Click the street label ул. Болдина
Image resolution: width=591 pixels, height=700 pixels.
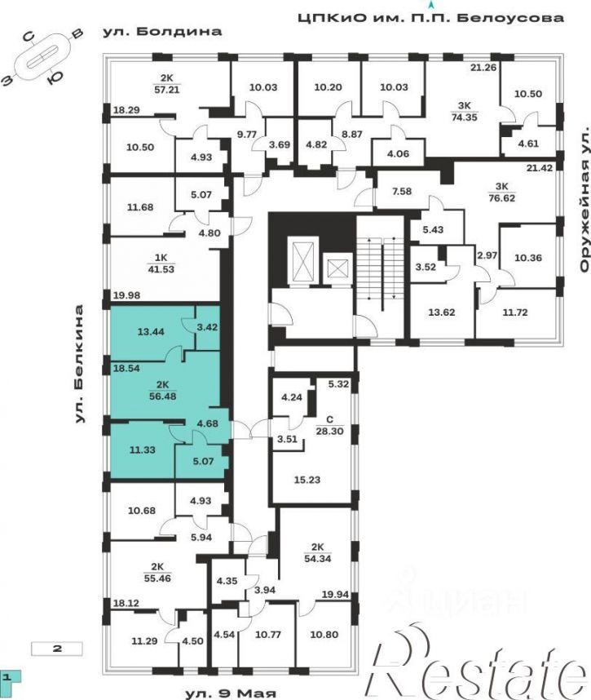coord(162,32)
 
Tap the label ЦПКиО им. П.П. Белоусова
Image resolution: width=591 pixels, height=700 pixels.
coord(431,18)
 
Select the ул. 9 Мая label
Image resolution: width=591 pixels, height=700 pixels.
coord(231,693)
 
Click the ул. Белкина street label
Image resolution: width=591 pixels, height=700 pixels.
coord(79,364)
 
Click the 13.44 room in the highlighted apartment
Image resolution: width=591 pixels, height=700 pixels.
coord(151,332)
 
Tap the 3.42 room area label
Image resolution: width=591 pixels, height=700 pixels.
coord(207,327)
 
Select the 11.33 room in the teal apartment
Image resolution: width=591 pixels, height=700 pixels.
coord(143,450)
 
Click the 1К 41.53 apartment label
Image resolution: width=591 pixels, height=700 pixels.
coord(161,264)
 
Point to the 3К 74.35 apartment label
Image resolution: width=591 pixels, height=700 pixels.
coord(465,112)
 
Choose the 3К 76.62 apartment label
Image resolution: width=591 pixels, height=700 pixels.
coord(502,193)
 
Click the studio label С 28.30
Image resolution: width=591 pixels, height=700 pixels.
coord(329,426)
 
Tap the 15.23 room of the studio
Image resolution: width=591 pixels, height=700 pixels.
coord(307,480)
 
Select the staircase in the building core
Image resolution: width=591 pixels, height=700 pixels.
coord(381,272)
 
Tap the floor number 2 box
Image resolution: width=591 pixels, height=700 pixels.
coord(56,649)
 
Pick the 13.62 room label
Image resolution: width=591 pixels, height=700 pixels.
coord(442,312)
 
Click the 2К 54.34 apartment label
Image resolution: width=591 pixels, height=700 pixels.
coord(318,552)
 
